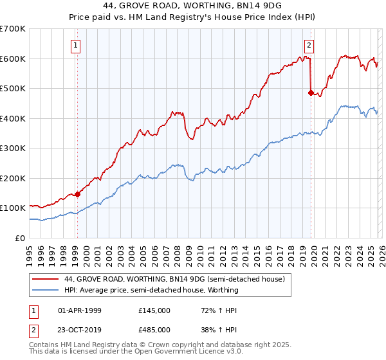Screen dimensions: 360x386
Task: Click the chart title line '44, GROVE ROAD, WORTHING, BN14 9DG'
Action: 192,7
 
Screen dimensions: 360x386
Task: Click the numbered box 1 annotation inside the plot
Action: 77,45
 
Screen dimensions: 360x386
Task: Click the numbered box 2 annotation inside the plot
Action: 309,45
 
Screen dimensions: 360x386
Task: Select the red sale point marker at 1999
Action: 77,194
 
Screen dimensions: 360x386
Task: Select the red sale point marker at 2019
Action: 311,93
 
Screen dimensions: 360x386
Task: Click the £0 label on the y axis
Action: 19,239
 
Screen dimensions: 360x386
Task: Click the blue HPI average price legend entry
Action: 151,290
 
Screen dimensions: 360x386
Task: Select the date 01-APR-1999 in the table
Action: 80,310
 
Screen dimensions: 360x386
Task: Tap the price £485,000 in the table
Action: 154,329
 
